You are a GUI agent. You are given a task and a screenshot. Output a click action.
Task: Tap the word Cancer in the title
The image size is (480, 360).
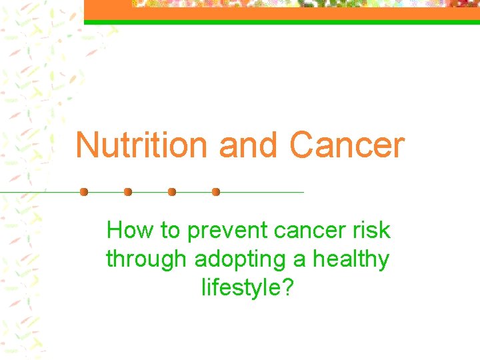pos(347,145)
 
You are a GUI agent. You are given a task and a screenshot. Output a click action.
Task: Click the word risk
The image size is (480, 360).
pos(373,231)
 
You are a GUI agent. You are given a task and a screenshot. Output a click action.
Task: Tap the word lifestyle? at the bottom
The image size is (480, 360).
pos(247,287)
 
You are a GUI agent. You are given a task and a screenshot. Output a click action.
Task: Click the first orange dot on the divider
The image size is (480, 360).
pos(84,192)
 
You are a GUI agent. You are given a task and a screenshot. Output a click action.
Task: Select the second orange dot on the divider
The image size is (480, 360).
pos(128,192)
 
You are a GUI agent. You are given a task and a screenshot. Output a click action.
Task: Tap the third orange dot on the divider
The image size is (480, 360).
pos(172,192)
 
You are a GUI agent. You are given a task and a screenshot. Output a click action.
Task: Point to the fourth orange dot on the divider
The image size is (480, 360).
pos(216,192)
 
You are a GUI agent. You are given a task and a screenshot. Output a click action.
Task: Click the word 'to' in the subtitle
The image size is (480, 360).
pos(171,231)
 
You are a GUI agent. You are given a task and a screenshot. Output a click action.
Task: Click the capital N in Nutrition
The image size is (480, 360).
pos(87,145)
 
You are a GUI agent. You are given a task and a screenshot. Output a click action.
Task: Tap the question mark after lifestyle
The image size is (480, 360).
pos(288,287)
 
